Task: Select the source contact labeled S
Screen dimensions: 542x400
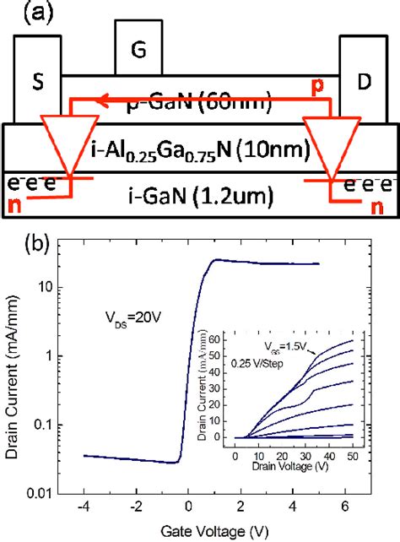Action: (x=39, y=82)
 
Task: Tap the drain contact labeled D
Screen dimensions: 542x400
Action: (x=364, y=82)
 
